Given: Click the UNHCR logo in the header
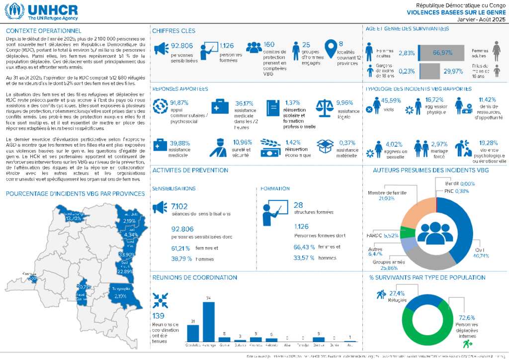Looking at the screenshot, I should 42,11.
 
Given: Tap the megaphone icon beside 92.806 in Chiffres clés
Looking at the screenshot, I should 160,48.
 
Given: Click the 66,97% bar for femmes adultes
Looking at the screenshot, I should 442,53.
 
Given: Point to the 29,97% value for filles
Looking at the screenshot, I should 453,72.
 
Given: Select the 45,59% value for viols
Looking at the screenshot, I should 391,101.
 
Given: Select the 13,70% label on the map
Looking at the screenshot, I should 73,218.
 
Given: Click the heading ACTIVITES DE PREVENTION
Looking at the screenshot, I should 190,170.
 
